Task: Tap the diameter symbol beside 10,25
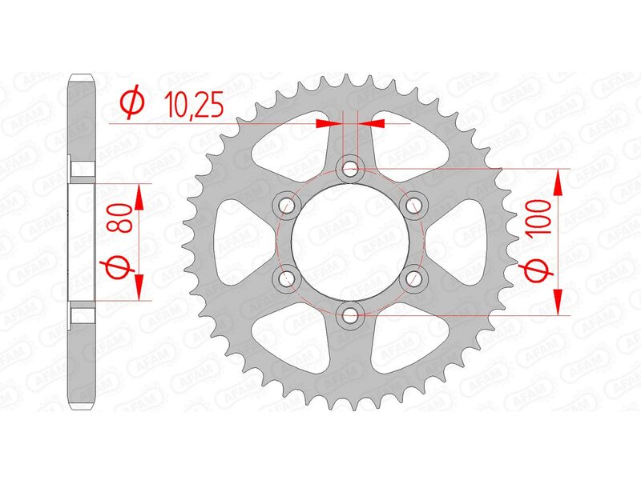point(132,103)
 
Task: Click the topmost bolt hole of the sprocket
point(349,169)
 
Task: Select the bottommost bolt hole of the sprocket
point(349,314)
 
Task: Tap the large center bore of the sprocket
point(349,242)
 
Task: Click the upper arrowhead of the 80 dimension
point(139,195)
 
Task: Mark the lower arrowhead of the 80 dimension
point(139,288)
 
